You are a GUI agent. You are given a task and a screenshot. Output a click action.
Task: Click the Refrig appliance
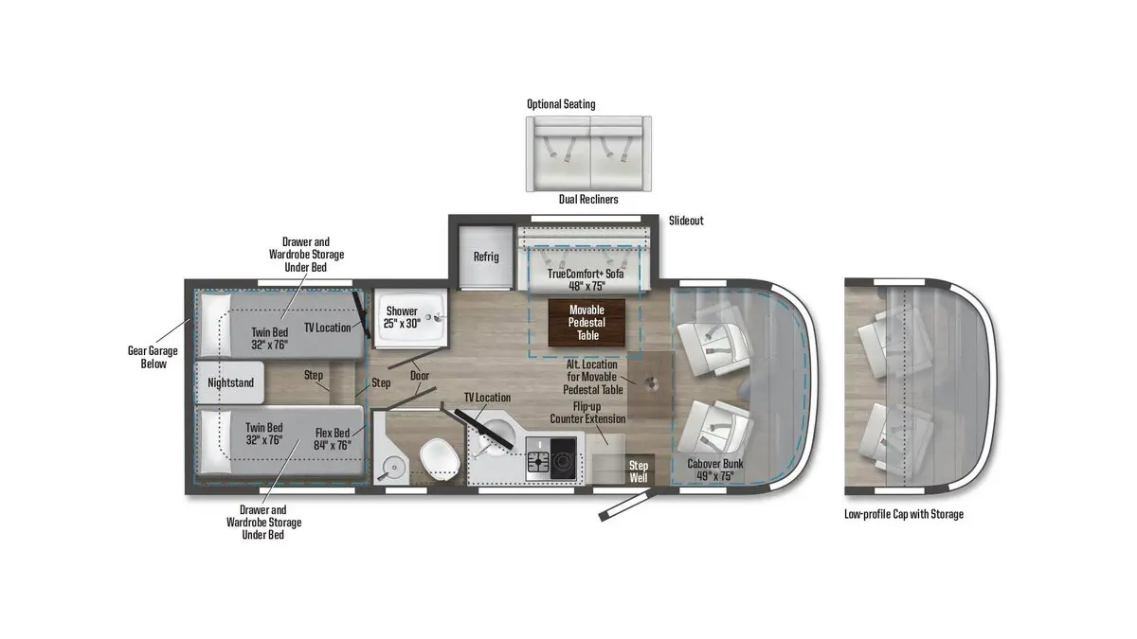pos(486,257)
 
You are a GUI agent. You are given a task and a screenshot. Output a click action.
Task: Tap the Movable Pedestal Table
pos(587,323)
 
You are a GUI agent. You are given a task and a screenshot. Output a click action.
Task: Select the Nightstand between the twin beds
pos(230,382)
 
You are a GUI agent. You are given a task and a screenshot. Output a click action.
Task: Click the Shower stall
pos(410,318)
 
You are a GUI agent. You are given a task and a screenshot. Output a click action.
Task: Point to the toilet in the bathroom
pos(440,460)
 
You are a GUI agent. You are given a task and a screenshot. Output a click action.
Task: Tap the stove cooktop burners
pos(551,458)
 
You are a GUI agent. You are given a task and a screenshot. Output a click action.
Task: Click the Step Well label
pos(639,471)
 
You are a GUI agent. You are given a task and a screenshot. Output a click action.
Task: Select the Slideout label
pos(686,221)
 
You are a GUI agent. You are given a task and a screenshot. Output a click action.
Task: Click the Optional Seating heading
pos(561,104)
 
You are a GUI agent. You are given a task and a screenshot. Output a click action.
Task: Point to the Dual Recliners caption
pos(588,200)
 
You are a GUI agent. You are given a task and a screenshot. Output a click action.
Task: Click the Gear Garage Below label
pos(153,357)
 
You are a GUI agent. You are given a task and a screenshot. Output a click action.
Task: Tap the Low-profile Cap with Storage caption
pos(904,514)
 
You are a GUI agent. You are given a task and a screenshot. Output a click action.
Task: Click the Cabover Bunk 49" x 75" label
pos(715,470)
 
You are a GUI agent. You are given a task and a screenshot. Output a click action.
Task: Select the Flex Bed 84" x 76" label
pos(333,439)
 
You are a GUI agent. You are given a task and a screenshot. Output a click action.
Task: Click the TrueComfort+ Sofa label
pos(586,279)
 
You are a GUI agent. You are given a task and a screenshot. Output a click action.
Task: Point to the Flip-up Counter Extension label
pos(587,413)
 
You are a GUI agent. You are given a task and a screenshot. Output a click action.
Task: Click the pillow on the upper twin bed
pos(215,325)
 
